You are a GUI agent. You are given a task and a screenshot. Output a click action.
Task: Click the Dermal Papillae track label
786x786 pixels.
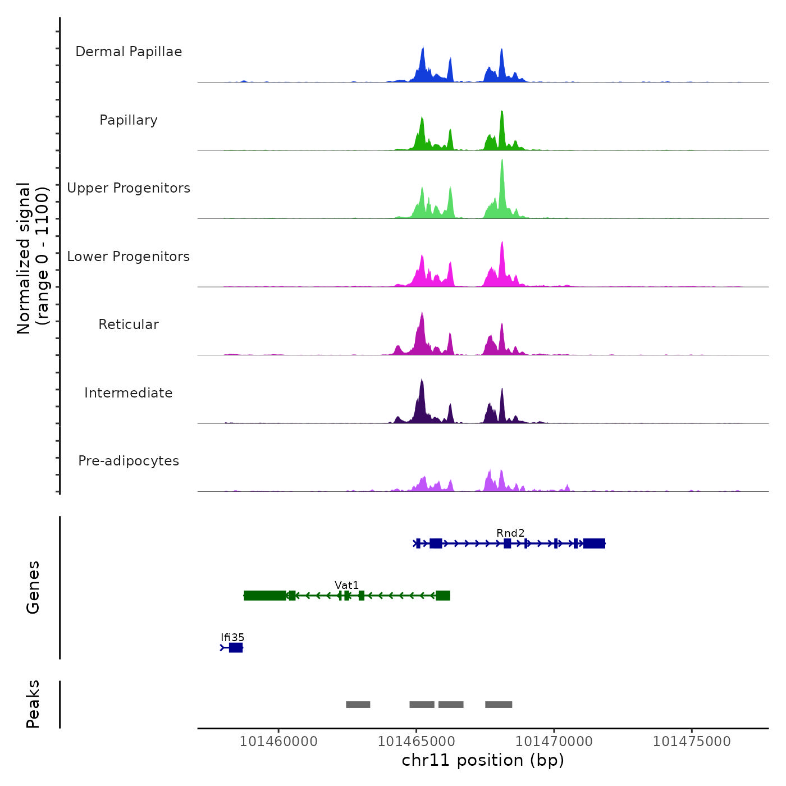(129, 52)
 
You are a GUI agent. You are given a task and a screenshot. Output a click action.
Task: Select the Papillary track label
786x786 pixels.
(129, 120)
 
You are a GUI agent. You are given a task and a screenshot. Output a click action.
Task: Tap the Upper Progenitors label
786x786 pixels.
(129, 188)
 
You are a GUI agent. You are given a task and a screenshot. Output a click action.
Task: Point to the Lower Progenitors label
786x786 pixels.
(129, 257)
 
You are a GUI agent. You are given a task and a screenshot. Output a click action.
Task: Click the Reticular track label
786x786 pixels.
(129, 325)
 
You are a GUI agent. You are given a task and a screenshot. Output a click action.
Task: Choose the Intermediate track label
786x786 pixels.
(129, 393)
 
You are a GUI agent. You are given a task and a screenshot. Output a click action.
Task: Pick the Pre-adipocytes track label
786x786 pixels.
(129, 461)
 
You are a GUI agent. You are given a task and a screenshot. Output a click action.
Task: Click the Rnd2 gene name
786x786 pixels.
(510, 533)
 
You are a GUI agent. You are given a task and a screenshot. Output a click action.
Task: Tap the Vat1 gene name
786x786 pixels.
(346, 585)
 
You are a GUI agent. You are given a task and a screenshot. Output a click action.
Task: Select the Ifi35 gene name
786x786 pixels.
(232, 637)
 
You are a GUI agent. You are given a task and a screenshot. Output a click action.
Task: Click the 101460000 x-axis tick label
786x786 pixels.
(278, 742)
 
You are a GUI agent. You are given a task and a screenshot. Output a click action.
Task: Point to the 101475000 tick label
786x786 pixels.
(692, 742)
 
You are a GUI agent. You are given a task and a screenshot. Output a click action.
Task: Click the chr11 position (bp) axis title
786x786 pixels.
(483, 760)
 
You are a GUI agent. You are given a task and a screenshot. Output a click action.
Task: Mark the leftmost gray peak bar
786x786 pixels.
(358, 705)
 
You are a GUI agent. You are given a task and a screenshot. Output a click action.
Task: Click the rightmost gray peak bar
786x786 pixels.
(499, 705)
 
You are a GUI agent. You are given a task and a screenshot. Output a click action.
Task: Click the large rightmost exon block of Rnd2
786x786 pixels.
(594, 543)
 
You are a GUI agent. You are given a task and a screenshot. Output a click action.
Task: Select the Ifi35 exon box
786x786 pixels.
(236, 648)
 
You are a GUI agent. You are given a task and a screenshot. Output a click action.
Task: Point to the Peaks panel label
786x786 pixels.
(33, 704)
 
